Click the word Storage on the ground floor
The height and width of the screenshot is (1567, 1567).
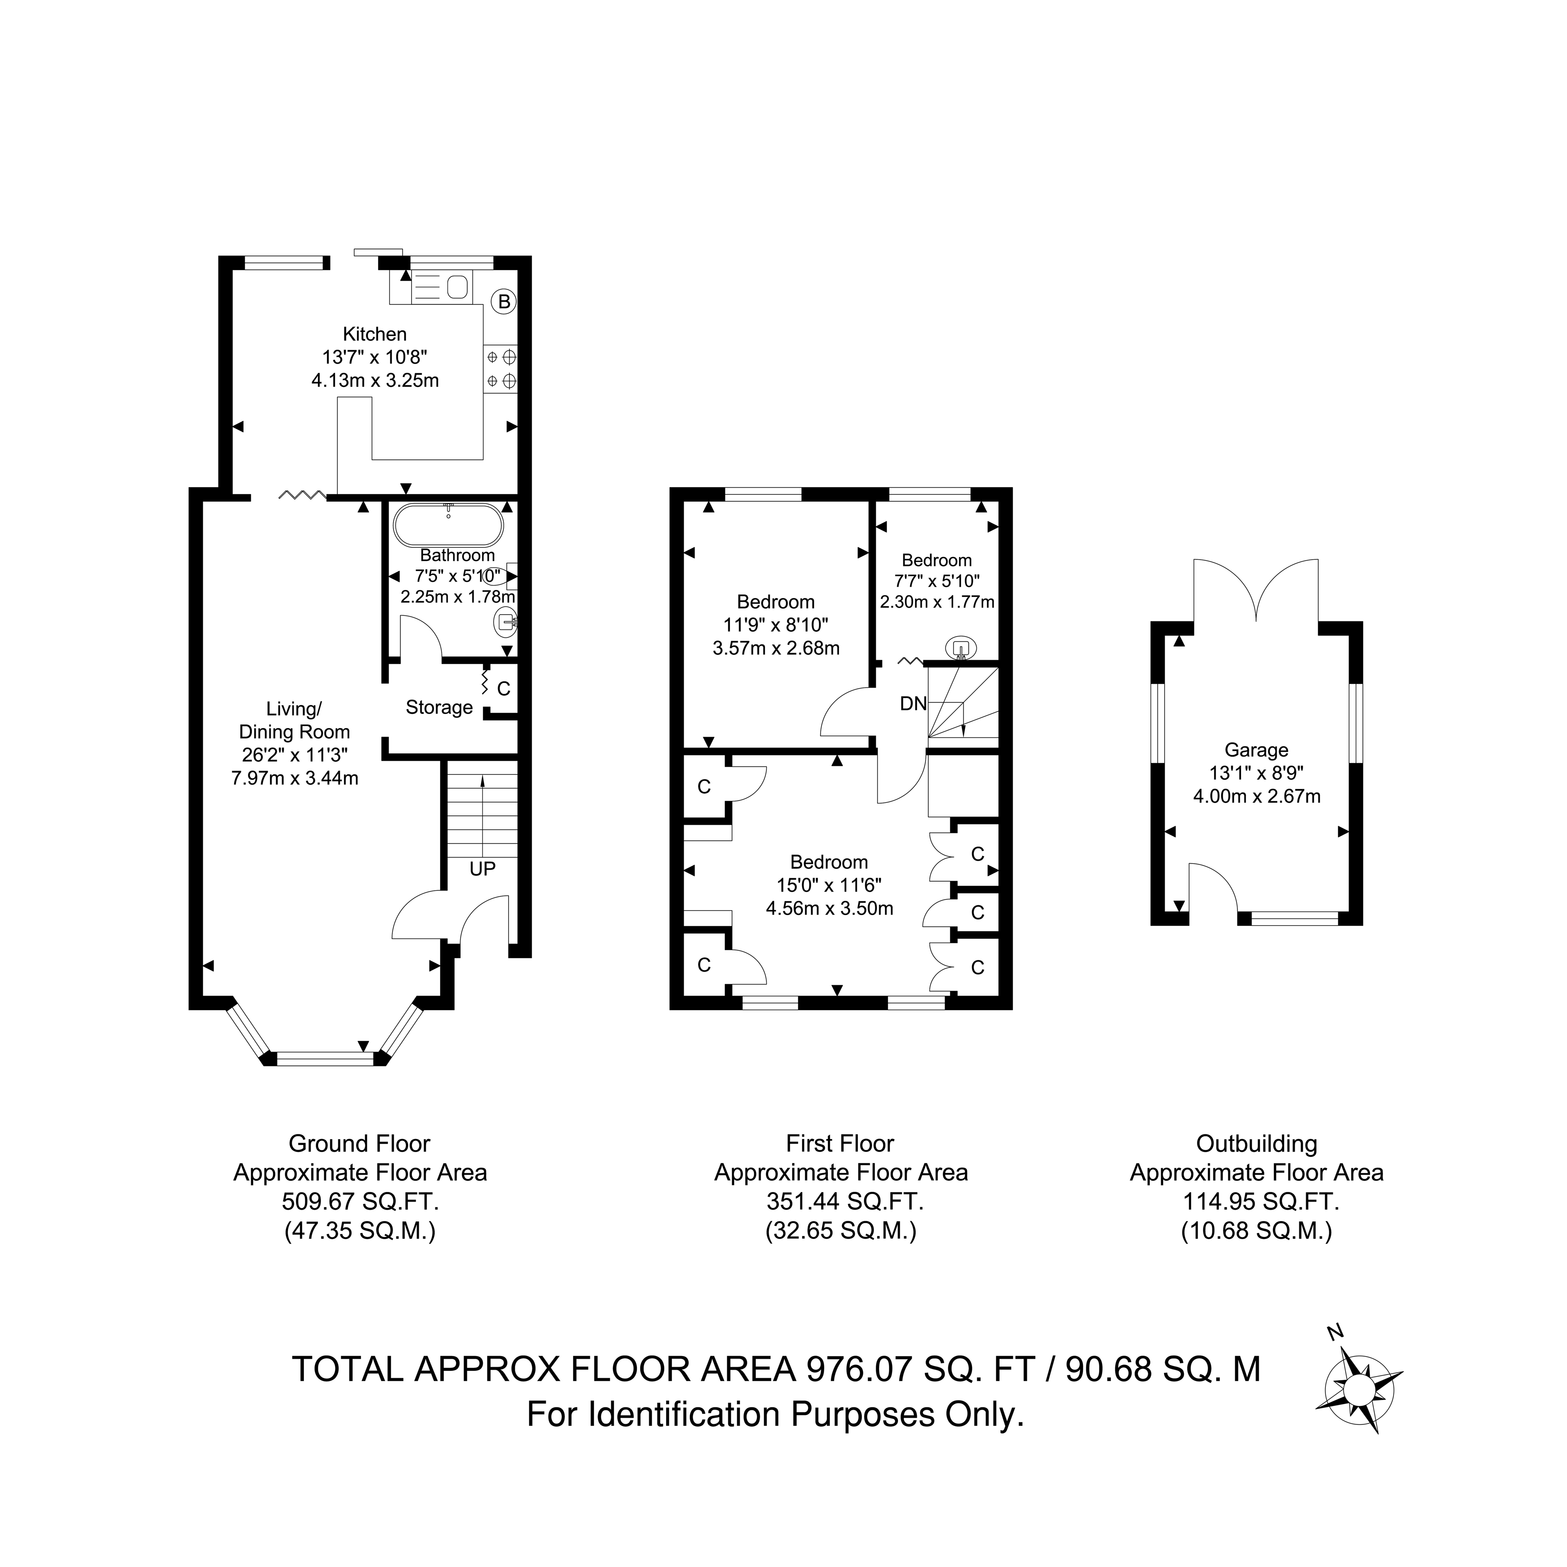(x=439, y=707)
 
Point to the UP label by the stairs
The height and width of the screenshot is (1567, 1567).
(x=483, y=869)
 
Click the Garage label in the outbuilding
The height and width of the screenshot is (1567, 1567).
(x=1256, y=750)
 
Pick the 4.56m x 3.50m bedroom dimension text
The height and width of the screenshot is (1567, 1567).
(x=830, y=909)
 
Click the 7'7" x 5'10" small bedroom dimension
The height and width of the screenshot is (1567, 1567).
(x=937, y=581)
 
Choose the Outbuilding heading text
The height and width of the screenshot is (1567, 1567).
(x=1256, y=1144)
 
